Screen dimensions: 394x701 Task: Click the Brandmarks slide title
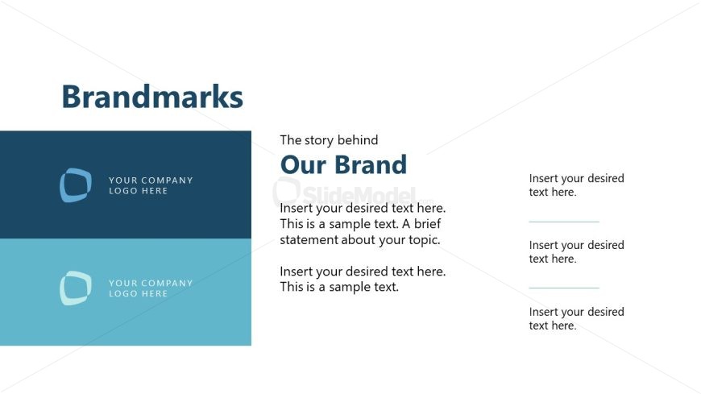point(152,97)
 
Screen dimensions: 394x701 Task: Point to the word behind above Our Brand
point(359,140)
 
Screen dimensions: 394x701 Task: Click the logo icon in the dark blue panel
point(75,185)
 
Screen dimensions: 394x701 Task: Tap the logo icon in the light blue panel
point(75,288)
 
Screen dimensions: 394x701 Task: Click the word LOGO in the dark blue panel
point(122,191)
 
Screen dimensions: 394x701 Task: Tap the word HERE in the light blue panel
point(155,294)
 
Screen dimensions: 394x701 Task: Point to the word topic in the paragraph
point(423,240)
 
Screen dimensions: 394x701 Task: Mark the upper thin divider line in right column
point(564,222)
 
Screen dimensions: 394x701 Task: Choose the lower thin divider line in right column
point(564,288)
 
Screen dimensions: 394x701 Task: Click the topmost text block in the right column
point(576,185)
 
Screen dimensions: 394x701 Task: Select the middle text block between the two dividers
point(576,252)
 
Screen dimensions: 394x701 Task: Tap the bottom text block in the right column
point(576,319)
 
